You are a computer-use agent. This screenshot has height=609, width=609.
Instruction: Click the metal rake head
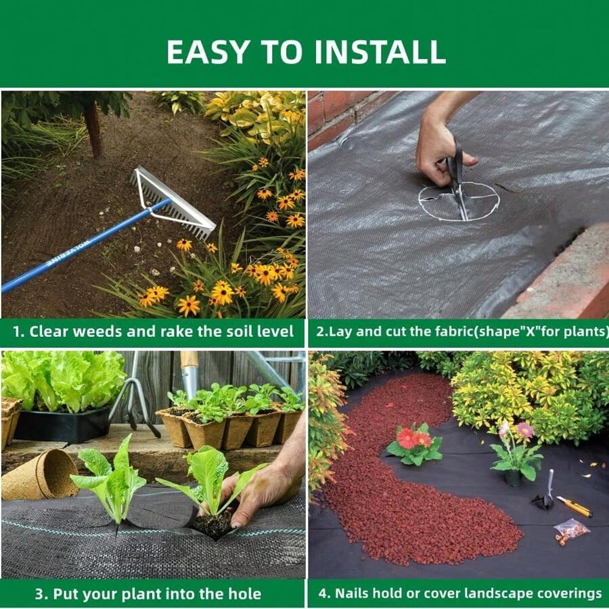tap(175, 202)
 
